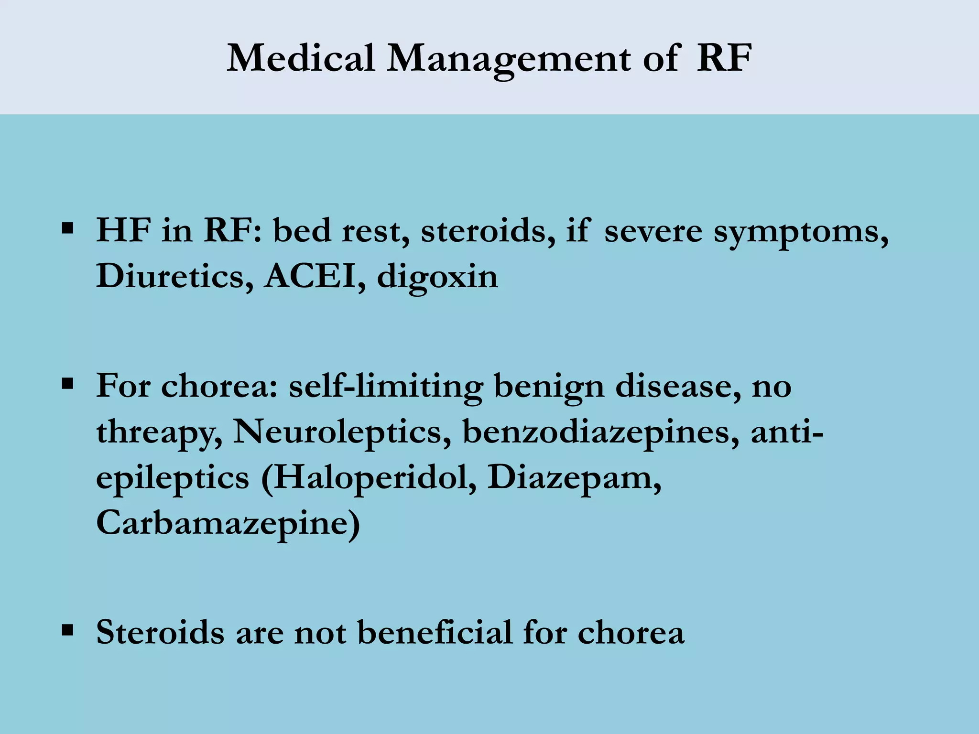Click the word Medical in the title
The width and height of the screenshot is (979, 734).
point(300,58)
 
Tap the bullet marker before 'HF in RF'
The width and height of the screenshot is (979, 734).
point(67,228)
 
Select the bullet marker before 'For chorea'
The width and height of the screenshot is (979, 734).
point(67,383)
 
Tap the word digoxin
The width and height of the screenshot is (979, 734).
point(437,278)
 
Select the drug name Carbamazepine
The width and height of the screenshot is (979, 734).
point(228,524)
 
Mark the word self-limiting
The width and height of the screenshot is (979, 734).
point(386,387)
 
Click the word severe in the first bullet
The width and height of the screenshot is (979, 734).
point(653,231)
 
